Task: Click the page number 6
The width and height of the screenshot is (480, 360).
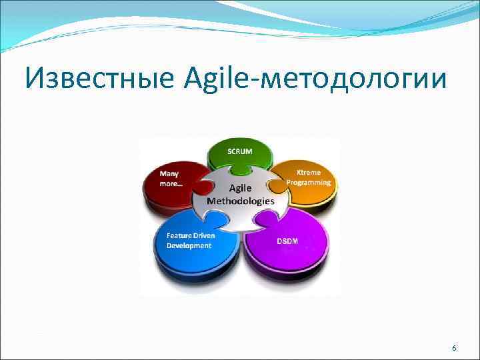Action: pos(455,349)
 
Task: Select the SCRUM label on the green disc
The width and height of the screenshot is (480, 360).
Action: pos(240,151)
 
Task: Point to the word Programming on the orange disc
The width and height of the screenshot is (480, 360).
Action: pos(308,182)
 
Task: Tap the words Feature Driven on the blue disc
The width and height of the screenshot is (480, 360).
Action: pos(189,236)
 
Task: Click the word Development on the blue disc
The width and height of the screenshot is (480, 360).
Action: pos(189,245)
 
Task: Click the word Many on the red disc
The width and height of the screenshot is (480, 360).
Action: pos(169,173)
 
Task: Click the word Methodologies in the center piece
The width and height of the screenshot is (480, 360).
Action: pos(240,200)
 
